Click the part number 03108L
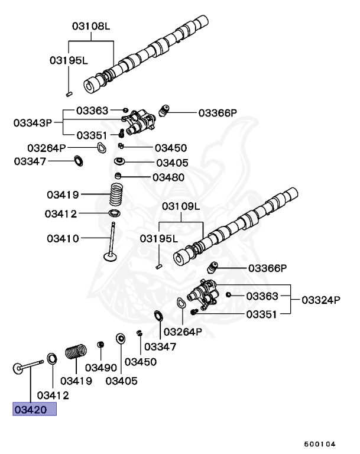[92, 27]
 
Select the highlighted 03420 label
[34, 409]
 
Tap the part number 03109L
[181, 206]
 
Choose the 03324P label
[321, 300]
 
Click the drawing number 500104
[320, 443]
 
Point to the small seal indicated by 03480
[119, 176]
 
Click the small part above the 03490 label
[101, 345]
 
